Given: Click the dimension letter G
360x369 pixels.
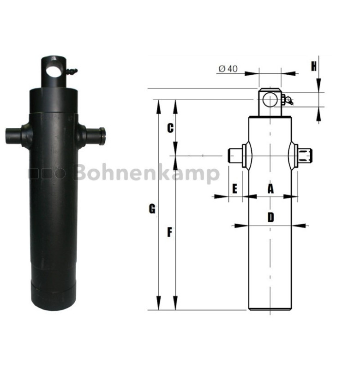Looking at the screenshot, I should pyautogui.click(x=152, y=209).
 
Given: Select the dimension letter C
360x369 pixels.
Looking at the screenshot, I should pyautogui.click(x=170, y=128).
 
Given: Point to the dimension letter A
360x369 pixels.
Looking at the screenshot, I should pyautogui.click(x=270, y=188).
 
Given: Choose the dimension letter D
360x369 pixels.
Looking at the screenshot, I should pyautogui.click(x=270, y=217).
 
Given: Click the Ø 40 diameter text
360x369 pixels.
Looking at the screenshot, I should pyautogui.click(x=227, y=69).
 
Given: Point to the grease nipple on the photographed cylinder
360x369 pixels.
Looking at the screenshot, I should pyautogui.click(x=72, y=71).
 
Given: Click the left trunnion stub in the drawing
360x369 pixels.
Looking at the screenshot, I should pyautogui.click(x=236, y=156).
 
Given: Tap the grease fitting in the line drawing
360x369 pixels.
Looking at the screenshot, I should pyautogui.click(x=288, y=101).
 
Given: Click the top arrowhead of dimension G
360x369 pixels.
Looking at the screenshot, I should pyautogui.click(x=159, y=104).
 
